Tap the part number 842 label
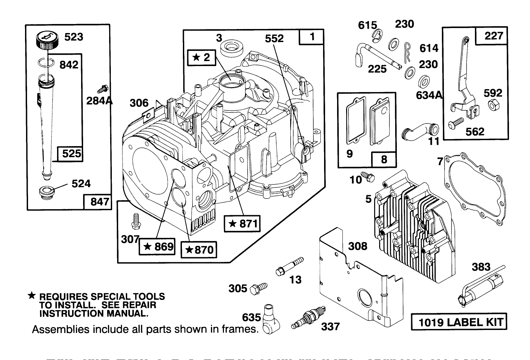coord(69,64)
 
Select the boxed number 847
coord(99,202)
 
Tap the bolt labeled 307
coord(136,221)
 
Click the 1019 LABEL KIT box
coord(459,322)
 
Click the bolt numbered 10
coord(369,177)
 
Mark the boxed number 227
coord(493,35)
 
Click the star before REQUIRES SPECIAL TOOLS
coord(31,295)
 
